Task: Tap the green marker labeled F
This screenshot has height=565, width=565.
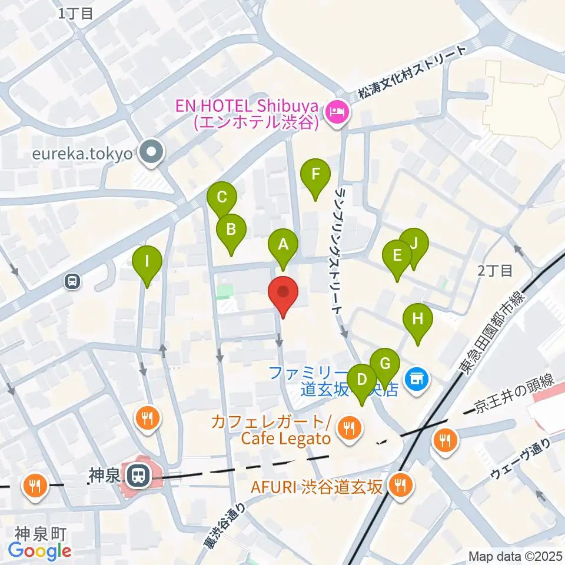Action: coord(315,174)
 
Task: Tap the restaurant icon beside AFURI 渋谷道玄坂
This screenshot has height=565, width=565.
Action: coord(402,486)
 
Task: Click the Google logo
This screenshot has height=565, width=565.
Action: coord(40,550)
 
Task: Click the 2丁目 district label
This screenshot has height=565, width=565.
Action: coord(495,271)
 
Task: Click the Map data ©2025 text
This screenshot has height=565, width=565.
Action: coord(515,556)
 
